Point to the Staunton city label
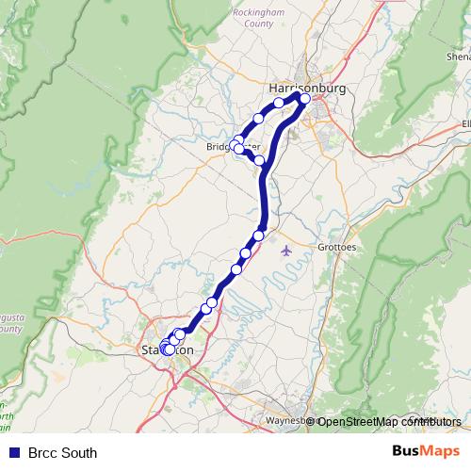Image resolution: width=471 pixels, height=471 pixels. click(x=168, y=350)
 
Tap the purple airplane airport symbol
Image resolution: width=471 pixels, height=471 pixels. click(x=286, y=251)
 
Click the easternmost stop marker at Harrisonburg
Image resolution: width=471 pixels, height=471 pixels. click(x=304, y=98)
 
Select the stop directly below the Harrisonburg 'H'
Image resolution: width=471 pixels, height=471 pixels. click(x=279, y=103)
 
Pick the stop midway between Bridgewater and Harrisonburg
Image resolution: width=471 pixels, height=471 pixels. click(x=258, y=119)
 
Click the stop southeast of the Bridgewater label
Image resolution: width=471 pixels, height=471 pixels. click(x=260, y=160)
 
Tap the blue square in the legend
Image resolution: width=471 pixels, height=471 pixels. click(x=13, y=452)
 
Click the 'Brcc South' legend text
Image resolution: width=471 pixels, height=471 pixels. click(x=62, y=452)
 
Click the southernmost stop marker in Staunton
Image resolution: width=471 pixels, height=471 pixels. click(x=169, y=349)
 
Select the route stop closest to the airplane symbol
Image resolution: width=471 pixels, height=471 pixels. click(x=259, y=235)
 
